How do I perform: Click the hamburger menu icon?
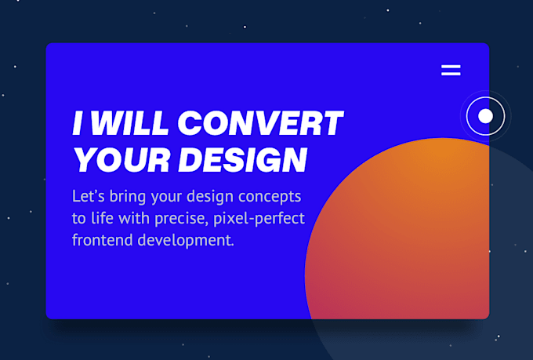point(451,70)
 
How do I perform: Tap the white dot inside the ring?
point(485,116)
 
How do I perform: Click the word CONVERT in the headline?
point(260,123)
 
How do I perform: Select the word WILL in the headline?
point(130,123)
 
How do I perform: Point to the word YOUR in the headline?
point(122,160)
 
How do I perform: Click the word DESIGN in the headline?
point(243,160)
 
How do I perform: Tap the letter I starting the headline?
point(78,123)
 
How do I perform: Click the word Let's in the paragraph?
point(89,196)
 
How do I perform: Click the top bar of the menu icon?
point(451,66)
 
